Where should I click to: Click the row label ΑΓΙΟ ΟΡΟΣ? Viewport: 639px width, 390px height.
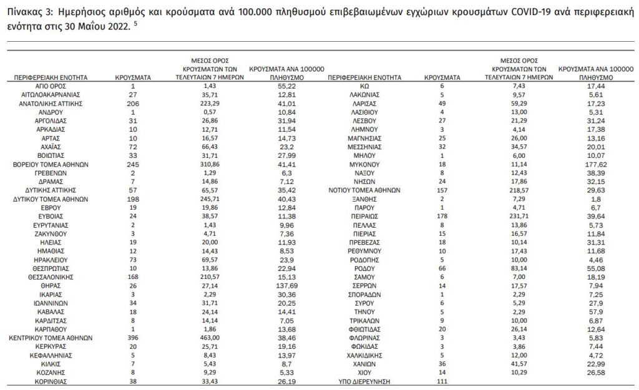click(x=51, y=84)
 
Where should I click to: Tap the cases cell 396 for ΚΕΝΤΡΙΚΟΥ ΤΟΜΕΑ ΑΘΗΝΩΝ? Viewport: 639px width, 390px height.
click(x=133, y=337)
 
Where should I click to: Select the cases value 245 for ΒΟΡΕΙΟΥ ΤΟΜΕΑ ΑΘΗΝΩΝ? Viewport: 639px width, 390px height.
click(x=133, y=163)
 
